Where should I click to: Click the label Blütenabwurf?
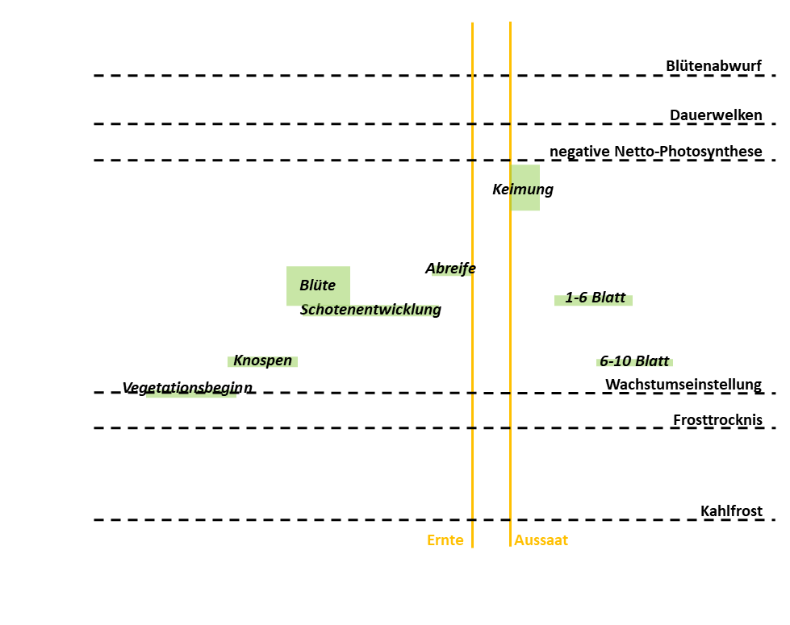coord(713,66)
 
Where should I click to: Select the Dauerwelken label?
coord(716,115)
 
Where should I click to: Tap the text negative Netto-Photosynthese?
coord(655,152)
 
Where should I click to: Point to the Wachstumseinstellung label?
coord(683,384)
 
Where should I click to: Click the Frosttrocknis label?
coord(717,420)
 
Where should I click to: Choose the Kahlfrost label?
coord(731,511)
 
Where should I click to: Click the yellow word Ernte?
coord(445,540)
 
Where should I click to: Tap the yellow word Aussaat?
coord(541,540)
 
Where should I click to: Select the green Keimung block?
coord(525,187)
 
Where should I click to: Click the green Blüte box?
coord(318,285)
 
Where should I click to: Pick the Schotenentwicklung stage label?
coord(370,310)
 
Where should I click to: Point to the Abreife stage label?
coord(450,269)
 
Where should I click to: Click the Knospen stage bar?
coord(263,361)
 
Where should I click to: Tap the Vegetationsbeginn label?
coord(187,389)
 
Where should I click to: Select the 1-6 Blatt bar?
coord(594,299)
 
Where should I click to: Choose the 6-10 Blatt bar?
coord(634,361)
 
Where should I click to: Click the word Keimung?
coord(522,190)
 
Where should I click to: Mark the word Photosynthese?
coord(715,152)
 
